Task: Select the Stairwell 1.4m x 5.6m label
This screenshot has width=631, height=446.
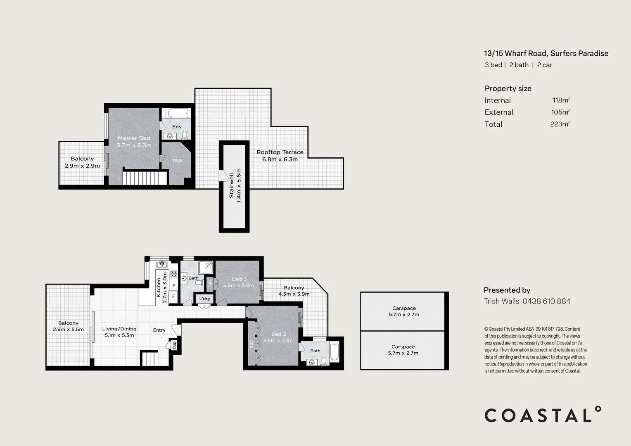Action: [235, 185]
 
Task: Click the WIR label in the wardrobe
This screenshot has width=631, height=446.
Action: [177, 161]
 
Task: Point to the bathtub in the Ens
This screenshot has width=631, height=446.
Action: [176, 113]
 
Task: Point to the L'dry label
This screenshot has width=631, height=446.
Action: [205, 299]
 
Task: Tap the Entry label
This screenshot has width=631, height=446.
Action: [159, 330]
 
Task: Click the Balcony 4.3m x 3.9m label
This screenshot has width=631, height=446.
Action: [294, 291]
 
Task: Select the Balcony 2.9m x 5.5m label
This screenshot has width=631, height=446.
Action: [68, 326]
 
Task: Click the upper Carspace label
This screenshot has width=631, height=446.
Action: [404, 311]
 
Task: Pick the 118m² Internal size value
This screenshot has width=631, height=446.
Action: [561, 100]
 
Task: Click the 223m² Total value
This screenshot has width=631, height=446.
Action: [560, 124]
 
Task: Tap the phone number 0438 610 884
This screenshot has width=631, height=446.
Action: [546, 301]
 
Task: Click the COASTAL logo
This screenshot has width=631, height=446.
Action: [543, 415]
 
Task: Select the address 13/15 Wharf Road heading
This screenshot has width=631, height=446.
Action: [546, 53]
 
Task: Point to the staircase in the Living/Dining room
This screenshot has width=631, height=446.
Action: [149, 358]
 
